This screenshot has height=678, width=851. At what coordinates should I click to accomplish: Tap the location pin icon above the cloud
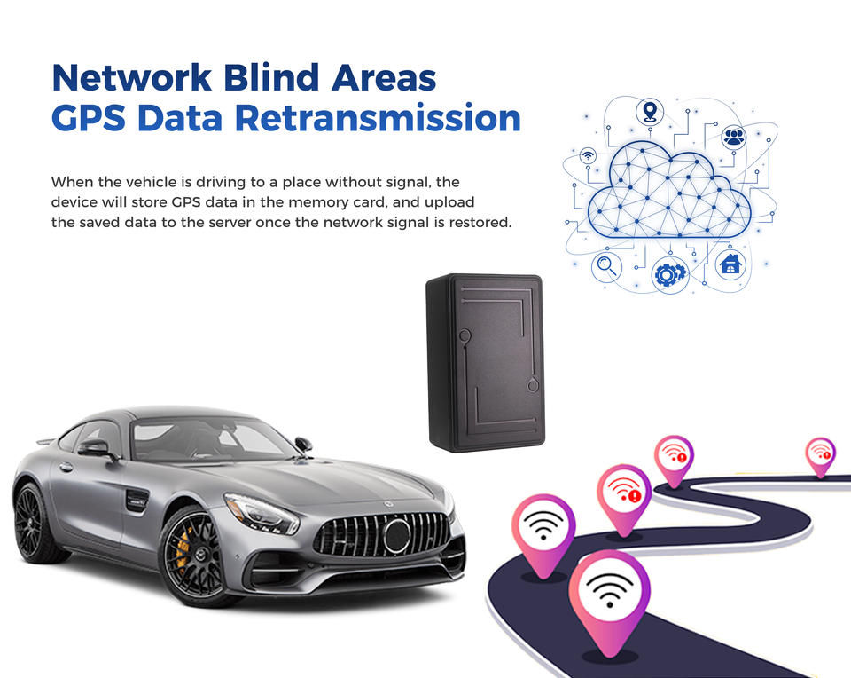(x=650, y=112)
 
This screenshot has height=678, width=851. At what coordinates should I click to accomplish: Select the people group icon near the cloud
(x=733, y=137)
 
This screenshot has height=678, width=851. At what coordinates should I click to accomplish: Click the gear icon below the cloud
(x=668, y=274)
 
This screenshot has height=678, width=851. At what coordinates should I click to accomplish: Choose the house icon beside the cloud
(x=730, y=264)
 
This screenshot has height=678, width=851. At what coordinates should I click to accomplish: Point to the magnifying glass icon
(x=607, y=265)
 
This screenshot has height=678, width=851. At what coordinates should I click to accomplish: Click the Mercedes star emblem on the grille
(x=396, y=535)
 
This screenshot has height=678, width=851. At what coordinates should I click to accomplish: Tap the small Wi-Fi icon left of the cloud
(x=588, y=155)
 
